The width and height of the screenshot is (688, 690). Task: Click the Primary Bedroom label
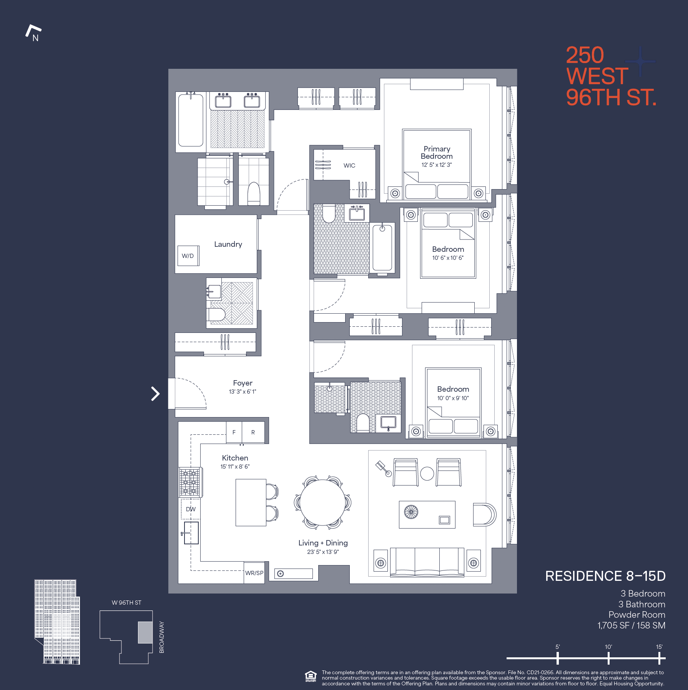click(x=437, y=153)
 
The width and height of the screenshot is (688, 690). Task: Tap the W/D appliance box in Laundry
click(x=188, y=256)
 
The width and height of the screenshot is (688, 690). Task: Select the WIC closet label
click(x=349, y=166)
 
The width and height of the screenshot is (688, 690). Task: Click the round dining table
click(x=322, y=502)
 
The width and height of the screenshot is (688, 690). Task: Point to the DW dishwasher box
click(x=191, y=509)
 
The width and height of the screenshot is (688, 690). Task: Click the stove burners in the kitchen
click(x=190, y=482)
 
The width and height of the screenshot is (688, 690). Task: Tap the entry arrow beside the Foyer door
click(x=155, y=394)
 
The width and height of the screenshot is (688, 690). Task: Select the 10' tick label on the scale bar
click(x=608, y=647)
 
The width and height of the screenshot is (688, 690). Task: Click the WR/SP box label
click(x=254, y=573)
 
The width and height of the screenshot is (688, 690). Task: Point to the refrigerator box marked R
click(x=253, y=432)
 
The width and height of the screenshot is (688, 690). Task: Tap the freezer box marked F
click(x=234, y=432)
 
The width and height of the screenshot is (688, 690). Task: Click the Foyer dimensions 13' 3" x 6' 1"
click(x=242, y=392)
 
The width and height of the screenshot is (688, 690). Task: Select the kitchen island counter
click(x=251, y=502)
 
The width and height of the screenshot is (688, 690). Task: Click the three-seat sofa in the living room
click(x=427, y=562)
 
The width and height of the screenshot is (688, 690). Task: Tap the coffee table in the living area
click(x=427, y=514)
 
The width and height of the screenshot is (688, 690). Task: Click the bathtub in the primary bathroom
click(x=191, y=121)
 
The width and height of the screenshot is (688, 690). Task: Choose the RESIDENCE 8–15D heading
click(x=605, y=576)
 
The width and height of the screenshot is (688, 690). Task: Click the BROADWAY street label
click(x=162, y=637)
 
